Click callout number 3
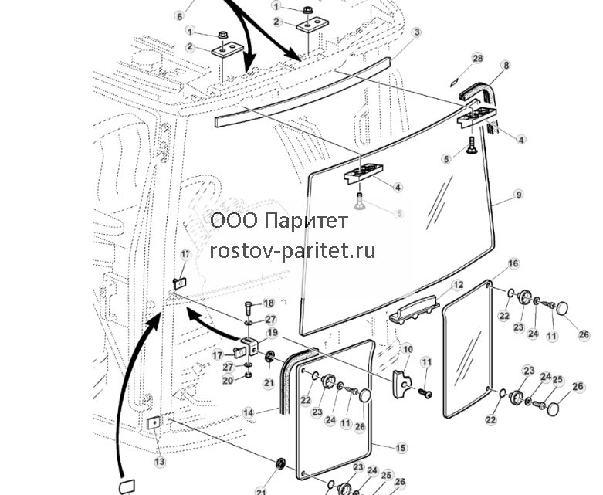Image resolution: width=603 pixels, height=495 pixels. [417, 32]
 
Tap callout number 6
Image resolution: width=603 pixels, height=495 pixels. [180, 15]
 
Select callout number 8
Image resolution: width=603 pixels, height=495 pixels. [506, 66]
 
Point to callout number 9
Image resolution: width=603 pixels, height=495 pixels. [519, 195]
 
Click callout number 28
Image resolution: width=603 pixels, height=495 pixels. [477, 59]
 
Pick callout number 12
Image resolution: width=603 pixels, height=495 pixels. [458, 285]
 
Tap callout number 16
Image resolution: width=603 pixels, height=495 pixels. [513, 263]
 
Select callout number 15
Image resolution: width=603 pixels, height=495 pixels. [401, 448]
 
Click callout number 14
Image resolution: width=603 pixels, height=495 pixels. [249, 412]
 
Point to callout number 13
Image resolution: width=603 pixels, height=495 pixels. [160, 461]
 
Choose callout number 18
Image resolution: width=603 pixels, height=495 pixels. [269, 303]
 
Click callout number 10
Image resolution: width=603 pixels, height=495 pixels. [407, 349]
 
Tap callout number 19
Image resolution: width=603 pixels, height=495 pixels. [273, 333]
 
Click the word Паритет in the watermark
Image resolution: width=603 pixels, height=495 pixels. [307, 221]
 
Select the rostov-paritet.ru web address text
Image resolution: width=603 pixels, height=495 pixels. [293, 252]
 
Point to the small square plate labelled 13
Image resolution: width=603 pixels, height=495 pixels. [153, 423]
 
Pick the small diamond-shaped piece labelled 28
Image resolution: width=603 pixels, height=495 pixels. [455, 83]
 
